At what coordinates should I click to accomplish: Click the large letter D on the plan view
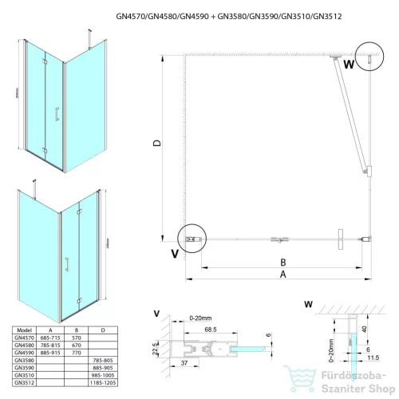(x=158, y=144)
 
